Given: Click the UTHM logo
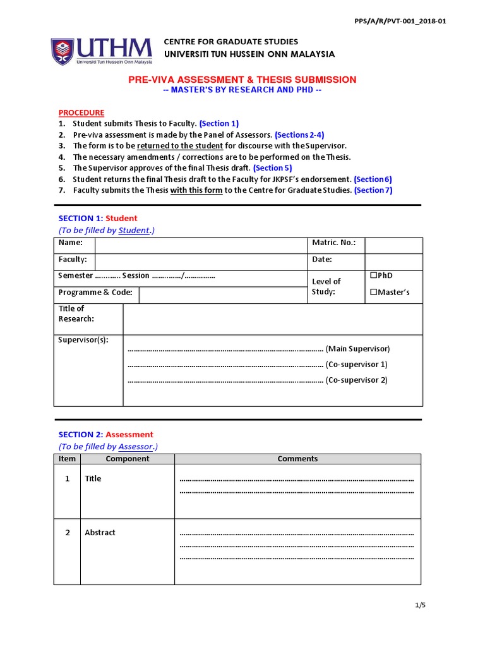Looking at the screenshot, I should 101,51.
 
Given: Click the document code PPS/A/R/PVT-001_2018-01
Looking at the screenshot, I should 400,21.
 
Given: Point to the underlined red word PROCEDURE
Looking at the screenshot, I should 81,112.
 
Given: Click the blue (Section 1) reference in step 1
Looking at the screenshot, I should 219,124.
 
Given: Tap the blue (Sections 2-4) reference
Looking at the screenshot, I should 299,135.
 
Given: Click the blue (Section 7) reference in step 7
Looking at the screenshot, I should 373,190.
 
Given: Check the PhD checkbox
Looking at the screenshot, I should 373,275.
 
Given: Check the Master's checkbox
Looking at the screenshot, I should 373,292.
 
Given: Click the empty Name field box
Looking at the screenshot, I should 201,245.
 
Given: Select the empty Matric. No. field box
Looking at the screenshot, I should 393,245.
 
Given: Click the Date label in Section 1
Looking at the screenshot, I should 321,260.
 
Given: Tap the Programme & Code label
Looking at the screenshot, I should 95,293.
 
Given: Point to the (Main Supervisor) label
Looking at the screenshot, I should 358,349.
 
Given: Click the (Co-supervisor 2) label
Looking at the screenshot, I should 356,380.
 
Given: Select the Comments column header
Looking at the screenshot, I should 297,459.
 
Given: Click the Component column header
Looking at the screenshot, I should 127,459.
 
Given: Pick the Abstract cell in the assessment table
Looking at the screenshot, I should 100,533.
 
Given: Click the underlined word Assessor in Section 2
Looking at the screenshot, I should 136,447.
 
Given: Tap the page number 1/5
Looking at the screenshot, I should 421,605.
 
